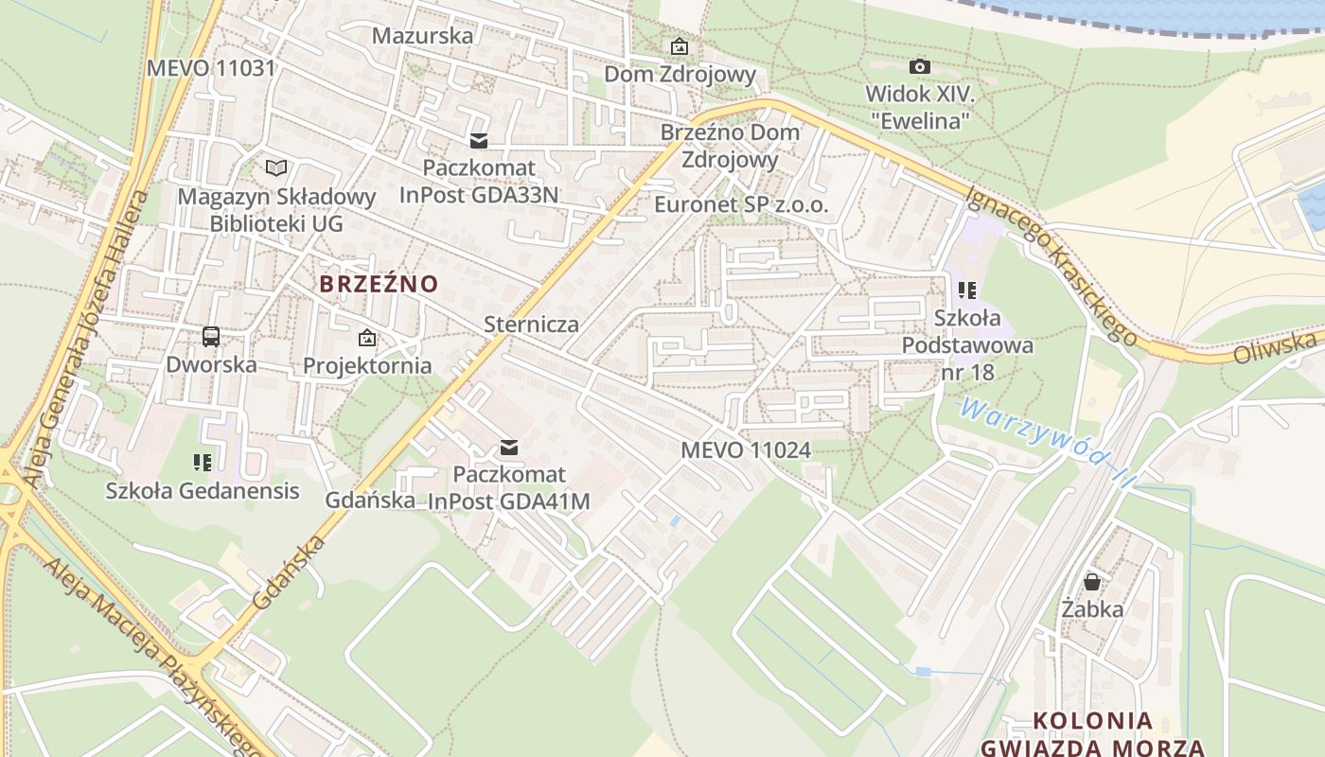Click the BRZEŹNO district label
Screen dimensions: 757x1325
[379, 284]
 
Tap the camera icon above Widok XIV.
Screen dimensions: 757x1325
[919, 66]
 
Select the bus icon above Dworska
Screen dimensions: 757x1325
[211, 336]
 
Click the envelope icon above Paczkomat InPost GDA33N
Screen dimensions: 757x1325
[479, 141]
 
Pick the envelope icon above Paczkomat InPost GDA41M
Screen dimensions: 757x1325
[509, 448]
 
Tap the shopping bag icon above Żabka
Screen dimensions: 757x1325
[1092, 581]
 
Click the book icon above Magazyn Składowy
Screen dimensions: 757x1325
[275, 168]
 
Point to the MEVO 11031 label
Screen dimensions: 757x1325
[210, 68]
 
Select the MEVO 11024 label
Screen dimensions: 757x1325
[746, 450]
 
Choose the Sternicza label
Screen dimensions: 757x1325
[531, 325]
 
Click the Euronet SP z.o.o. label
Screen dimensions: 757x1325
[741, 204]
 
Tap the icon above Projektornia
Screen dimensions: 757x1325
[366, 338]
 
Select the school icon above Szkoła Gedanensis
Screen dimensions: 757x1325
[202, 463]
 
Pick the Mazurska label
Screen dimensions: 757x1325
[422, 36]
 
